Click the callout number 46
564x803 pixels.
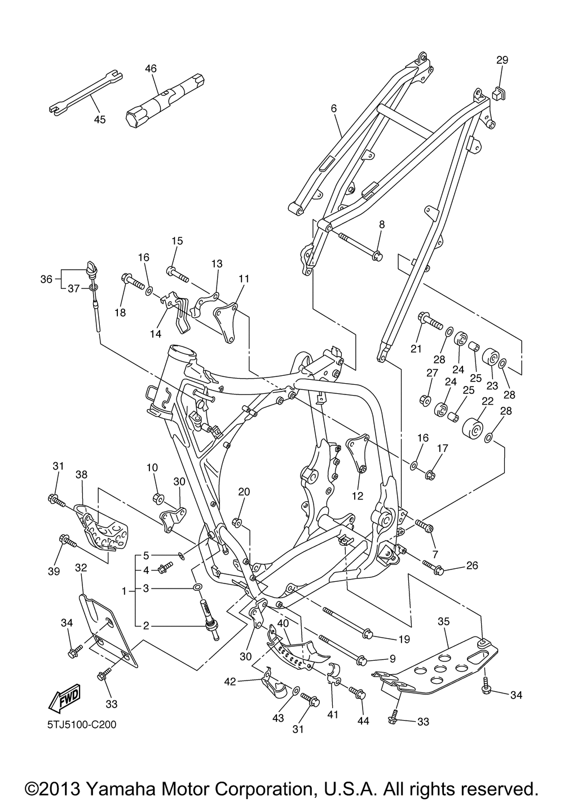[151, 68]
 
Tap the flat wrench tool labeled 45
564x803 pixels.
[85, 93]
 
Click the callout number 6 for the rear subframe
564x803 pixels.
[333, 108]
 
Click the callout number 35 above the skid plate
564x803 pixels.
[444, 621]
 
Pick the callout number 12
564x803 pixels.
[358, 496]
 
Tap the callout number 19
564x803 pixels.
[404, 639]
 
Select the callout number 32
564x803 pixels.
[81, 568]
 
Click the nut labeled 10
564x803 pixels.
[158, 497]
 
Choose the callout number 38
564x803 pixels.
[81, 475]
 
